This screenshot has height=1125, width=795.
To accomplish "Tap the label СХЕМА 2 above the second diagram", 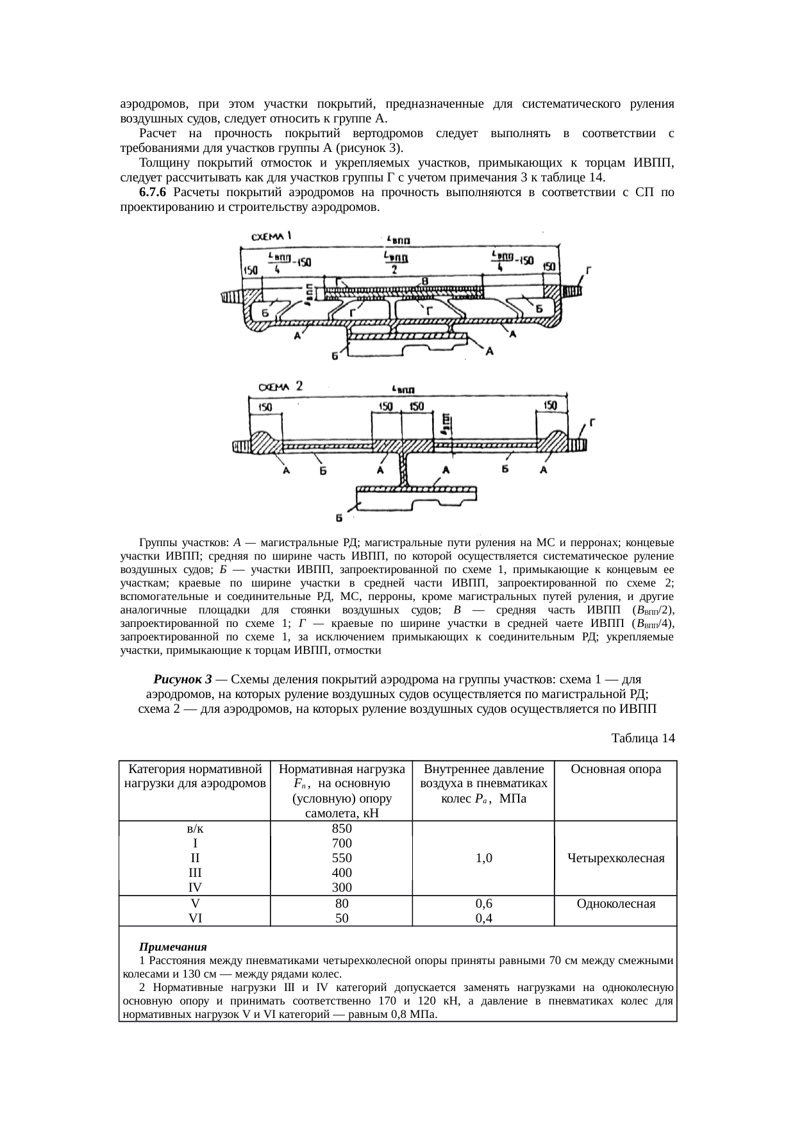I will [x=280, y=387].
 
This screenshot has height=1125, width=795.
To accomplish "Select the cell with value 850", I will [x=341, y=828].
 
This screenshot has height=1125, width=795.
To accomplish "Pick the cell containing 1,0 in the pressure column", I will [x=483, y=858].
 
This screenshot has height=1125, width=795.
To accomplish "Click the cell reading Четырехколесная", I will [x=615, y=858].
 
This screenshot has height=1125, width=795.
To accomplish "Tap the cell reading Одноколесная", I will [x=615, y=904].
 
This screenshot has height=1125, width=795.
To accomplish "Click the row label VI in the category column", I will [x=195, y=918].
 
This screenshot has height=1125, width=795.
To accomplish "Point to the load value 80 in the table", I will [x=342, y=904].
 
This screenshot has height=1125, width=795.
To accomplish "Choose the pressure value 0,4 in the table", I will [x=483, y=918].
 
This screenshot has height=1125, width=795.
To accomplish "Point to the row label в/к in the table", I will [x=195, y=828].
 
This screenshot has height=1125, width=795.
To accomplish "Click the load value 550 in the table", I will [x=341, y=858].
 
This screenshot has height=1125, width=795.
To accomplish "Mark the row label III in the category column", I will [x=195, y=872].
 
